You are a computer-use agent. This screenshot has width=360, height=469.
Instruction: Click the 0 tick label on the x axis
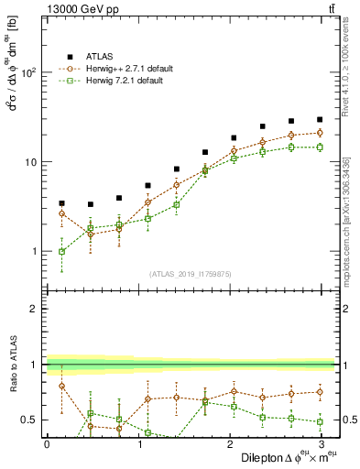pos(47,443)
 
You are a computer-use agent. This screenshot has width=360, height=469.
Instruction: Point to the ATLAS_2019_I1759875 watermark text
pos(191,272)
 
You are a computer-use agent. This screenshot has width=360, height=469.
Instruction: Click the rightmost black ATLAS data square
pos(320,119)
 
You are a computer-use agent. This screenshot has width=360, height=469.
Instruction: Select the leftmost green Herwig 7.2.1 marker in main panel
pos(61,251)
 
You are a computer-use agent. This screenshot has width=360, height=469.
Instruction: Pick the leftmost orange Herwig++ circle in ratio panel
pos(61,386)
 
